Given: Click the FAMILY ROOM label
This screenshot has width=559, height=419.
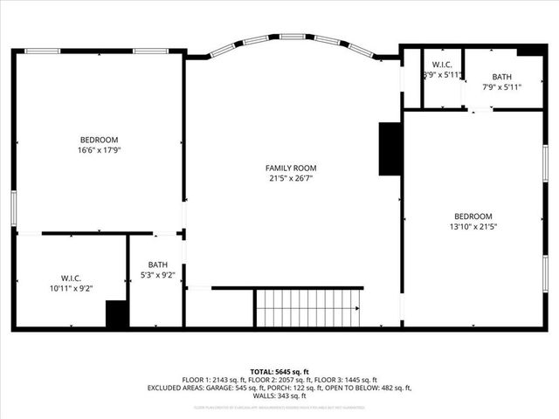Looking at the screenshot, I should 291,168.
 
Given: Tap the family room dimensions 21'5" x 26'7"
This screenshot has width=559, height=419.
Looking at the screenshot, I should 291,178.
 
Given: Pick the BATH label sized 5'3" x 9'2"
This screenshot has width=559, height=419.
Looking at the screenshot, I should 157,264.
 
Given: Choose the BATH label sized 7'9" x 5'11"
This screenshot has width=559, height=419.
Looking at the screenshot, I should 501,77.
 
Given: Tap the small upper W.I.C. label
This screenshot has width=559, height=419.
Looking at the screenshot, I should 441,65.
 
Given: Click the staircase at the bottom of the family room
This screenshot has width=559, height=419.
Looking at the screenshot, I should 307,308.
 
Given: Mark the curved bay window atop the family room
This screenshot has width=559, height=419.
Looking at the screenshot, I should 293,41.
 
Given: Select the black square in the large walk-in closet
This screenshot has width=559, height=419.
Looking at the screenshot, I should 117,314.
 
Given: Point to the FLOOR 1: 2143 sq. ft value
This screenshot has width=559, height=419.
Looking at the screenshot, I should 216,380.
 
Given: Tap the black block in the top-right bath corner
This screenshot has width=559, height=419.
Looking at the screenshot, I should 529,51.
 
